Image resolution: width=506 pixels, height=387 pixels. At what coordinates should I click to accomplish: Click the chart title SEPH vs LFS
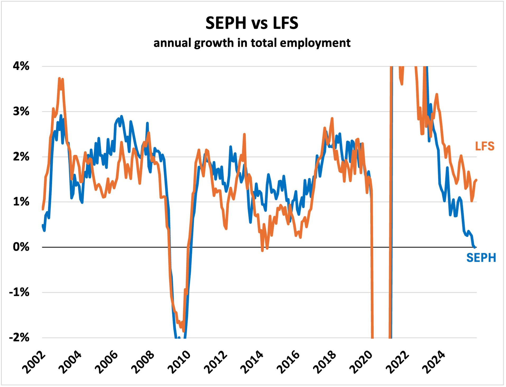252,23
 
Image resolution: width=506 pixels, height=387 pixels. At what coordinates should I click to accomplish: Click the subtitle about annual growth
252,43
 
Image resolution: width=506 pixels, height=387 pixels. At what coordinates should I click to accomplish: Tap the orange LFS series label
485,146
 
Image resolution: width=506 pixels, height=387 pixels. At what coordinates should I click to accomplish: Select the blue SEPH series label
481,258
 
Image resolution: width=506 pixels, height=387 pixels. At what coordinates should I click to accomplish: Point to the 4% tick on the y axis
21,66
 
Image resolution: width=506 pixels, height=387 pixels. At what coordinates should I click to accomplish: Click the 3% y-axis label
21,111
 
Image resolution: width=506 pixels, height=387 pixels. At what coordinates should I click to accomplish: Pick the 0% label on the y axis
21,247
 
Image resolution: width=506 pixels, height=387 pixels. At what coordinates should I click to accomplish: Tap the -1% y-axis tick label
19,292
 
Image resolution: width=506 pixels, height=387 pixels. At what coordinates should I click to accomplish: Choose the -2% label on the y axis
19,337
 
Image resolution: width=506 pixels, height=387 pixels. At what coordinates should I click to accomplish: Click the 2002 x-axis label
34,362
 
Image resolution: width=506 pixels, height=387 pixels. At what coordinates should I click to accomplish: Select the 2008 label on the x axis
143,362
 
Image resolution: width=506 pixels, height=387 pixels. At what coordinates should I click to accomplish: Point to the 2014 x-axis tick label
252,362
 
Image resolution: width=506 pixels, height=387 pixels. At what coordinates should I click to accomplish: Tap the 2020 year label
361,362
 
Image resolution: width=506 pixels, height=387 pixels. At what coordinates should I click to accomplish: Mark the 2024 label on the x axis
434,362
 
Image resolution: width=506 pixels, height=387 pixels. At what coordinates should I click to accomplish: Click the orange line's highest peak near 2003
59,78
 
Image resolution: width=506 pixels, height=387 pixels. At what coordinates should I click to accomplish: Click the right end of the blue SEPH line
475,247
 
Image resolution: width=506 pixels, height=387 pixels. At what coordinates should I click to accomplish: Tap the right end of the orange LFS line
476,180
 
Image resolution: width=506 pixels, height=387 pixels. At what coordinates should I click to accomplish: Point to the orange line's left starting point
43,209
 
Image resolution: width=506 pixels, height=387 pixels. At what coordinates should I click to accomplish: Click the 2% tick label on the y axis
21,156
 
